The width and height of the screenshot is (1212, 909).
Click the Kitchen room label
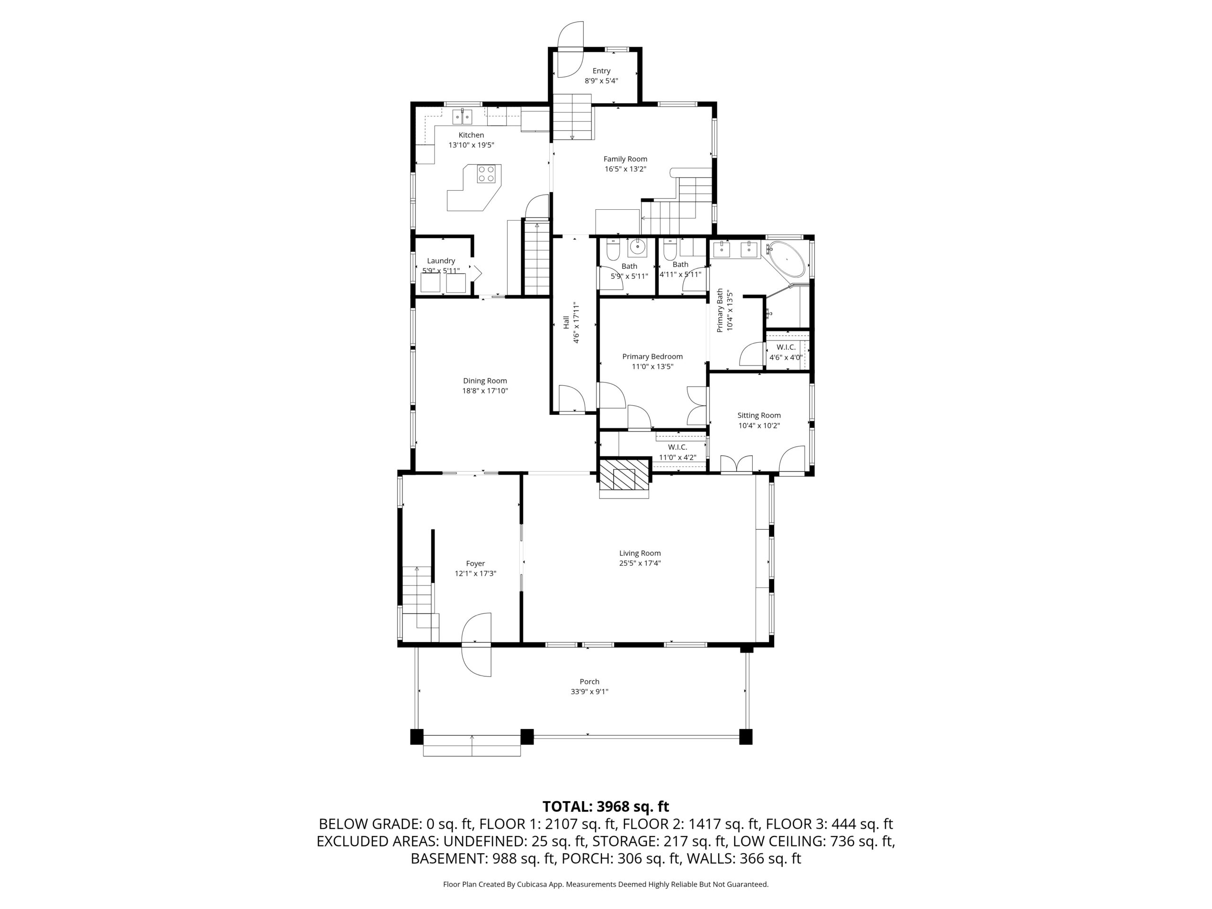click(471, 135)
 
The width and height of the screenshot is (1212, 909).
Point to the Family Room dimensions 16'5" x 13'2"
click(625, 169)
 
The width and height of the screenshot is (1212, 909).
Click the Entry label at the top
click(601, 71)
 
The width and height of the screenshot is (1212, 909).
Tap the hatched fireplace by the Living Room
click(624, 474)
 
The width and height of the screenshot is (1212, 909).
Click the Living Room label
click(640, 553)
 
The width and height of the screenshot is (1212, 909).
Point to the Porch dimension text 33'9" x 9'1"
click(589, 692)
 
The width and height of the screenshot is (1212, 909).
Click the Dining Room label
click(485, 381)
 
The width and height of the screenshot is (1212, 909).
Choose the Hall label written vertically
click(566, 322)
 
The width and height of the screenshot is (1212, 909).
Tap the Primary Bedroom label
click(652, 356)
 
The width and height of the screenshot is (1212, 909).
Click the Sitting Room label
click(759, 415)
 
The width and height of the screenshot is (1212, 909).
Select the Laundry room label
click(441, 261)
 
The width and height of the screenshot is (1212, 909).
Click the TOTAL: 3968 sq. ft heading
click(606, 807)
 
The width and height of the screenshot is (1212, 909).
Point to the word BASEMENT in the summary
click(446, 859)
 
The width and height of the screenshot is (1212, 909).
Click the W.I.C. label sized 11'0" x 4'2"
click(677, 447)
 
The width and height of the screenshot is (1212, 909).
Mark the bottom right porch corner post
click(746, 736)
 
